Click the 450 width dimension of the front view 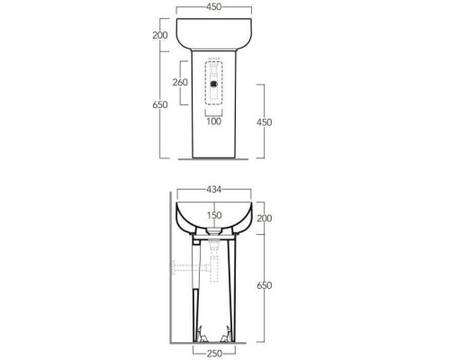pos(213,7)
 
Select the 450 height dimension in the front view pos(265,122)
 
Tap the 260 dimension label pos(180,82)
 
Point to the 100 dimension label pos(214,121)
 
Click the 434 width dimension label pos(214,190)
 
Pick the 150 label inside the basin pos(214,215)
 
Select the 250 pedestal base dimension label pos(214,354)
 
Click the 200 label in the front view pos(160,35)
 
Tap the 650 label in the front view pos(160,105)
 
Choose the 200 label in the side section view pos(265,219)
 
